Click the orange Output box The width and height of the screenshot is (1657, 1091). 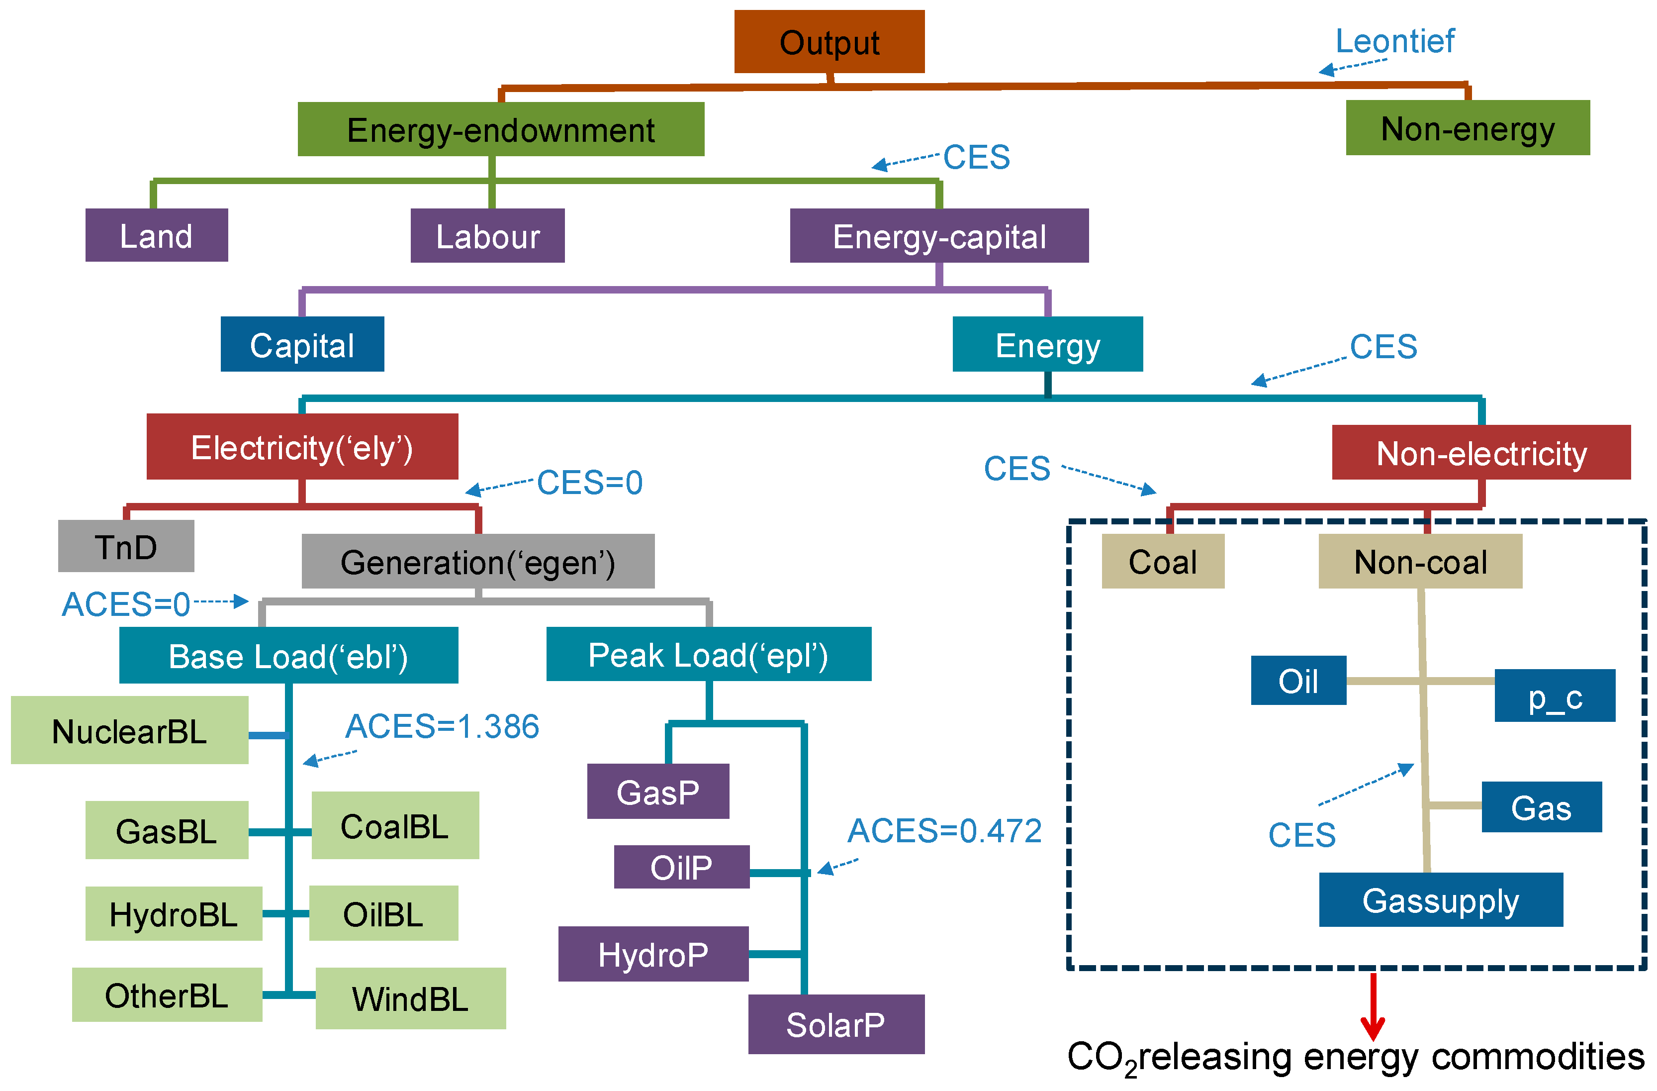[x=829, y=41]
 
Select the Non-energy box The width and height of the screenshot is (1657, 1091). [x=1468, y=127]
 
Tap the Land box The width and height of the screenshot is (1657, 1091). [x=157, y=235]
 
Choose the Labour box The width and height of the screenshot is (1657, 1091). [x=487, y=235]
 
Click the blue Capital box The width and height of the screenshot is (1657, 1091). [x=302, y=344]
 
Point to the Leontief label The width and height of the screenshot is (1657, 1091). [x=1394, y=41]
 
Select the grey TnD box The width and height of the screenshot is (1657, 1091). [x=126, y=546]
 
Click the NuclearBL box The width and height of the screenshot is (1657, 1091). [x=129, y=730]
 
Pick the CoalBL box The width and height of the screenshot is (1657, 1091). [x=395, y=825]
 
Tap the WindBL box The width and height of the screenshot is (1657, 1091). [x=411, y=998]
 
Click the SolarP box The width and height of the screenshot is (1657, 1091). [x=836, y=1024]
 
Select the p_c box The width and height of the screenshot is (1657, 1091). [x=1555, y=695]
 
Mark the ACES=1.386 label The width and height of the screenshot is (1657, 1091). [x=442, y=726]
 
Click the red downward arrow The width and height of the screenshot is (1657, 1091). [x=1373, y=1007]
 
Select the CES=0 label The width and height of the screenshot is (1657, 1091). [x=590, y=482]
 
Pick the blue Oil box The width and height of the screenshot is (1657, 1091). [x=1298, y=680]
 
